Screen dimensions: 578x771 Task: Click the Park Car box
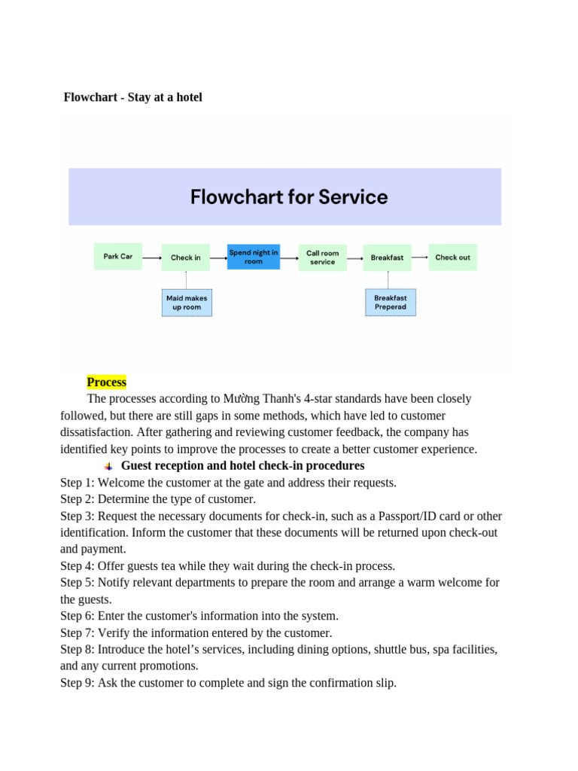(x=117, y=256)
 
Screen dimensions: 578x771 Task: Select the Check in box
(x=185, y=257)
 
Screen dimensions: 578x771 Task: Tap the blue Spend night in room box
(x=254, y=257)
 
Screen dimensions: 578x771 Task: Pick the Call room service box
(x=322, y=257)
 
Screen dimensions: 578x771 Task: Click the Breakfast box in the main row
(x=387, y=257)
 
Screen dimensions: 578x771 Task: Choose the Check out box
(x=452, y=257)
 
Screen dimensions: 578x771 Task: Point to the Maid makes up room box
(x=187, y=302)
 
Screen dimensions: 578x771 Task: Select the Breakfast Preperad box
(x=390, y=302)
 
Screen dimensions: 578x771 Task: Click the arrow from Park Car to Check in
(x=151, y=258)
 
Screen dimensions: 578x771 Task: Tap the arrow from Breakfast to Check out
(x=419, y=258)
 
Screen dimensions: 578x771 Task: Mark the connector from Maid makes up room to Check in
(x=186, y=279)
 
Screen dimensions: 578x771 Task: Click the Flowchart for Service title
(x=289, y=197)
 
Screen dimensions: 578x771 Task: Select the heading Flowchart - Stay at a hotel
(x=133, y=97)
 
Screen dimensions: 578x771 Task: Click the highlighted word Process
(x=107, y=382)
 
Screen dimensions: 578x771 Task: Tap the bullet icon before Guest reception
(x=108, y=466)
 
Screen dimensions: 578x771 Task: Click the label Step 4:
(x=78, y=565)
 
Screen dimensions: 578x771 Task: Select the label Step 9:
(x=78, y=683)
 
